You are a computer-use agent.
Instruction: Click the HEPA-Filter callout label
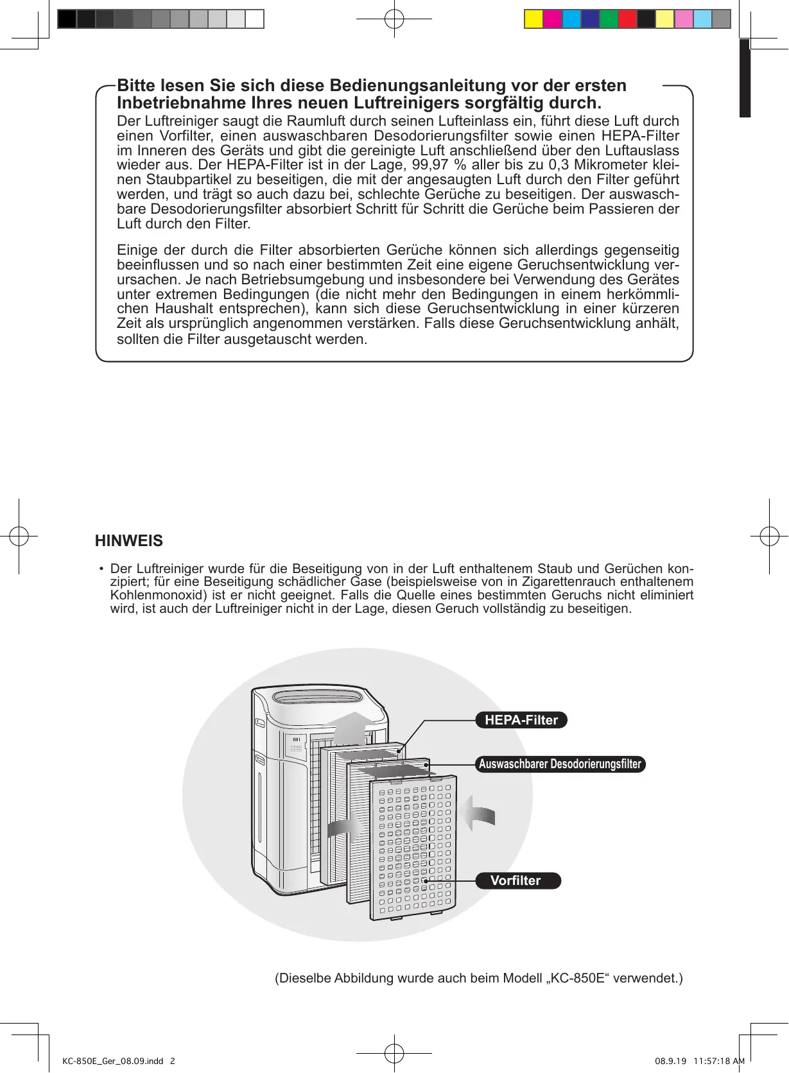[x=521, y=720]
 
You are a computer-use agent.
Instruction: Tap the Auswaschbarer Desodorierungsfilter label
[x=560, y=764]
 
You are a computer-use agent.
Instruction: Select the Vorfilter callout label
[x=517, y=880]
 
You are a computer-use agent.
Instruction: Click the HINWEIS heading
[x=129, y=541]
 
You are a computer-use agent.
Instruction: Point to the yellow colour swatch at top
[x=533, y=19]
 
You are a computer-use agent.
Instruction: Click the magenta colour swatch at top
[x=552, y=19]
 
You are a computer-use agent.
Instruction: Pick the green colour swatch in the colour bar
[x=609, y=19]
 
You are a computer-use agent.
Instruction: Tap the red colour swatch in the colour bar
[x=627, y=19]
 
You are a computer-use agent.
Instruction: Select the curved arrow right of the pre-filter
[x=480, y=814]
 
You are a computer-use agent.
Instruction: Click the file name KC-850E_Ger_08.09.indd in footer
[x=113, y=1061]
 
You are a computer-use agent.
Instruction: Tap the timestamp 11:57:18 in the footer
[x=711, y=1061]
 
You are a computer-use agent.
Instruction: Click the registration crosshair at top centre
[x=394, y=19]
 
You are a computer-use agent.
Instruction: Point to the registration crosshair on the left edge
[x=19, y=536]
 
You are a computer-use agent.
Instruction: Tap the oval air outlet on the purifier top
[x=317, y=698]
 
